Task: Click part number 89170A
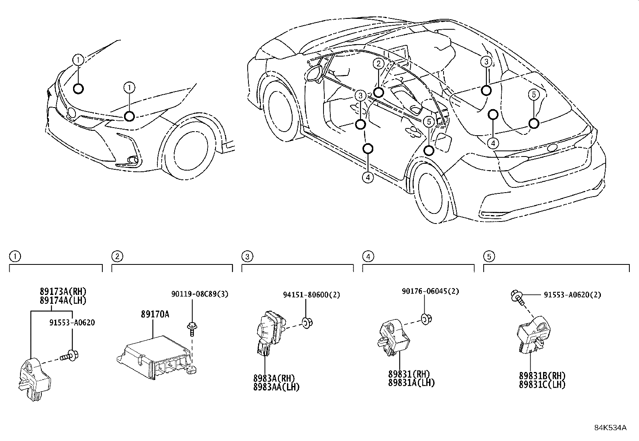(155, 314)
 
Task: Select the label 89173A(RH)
(63, 291)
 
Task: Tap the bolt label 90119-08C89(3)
(200, 294)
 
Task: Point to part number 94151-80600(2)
(311, 295)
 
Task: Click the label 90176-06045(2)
(430, 291)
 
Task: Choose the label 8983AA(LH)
(277, 387)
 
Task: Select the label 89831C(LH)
(542, 384)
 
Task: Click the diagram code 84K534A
(611, 428)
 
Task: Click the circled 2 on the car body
(378, 64)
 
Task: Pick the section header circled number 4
(368, 256)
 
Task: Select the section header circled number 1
(15, 256)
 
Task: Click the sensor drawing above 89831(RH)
(394, 338)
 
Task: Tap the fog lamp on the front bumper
(132, 160)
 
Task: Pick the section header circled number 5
(489, 256)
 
